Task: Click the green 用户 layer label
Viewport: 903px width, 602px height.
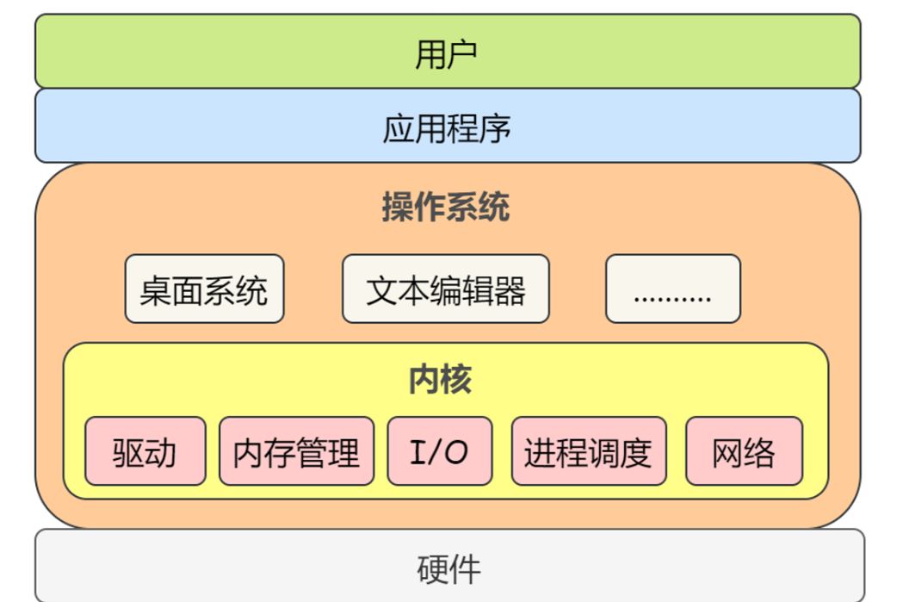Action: (446, 54)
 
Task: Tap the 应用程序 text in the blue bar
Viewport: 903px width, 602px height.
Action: (447, 127)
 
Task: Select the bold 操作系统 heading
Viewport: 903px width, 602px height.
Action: (446, 207)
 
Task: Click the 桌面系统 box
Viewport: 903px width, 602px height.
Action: (204, 289)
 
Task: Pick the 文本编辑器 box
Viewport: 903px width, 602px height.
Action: (446, 289)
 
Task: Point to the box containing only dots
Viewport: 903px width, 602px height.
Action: (672, 289)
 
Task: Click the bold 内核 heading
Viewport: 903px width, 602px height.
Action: (440, 379)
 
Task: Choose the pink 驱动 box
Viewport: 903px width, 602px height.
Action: (145, 451)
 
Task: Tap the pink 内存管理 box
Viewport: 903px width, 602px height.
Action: (297, 451)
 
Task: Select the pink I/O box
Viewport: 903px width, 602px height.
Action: (440, 451)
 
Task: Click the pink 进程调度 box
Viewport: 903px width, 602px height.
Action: (589, 451)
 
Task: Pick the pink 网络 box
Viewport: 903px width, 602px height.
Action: (744, 451)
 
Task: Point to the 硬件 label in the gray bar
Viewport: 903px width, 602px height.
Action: (448, 569)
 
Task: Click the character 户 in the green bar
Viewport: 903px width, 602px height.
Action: (462, 54)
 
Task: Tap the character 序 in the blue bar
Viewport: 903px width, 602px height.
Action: (495, 127)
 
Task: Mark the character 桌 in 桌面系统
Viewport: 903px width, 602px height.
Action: (156, 289)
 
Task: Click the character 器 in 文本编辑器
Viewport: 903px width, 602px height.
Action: (510, 289)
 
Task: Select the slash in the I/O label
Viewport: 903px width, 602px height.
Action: (438, 451)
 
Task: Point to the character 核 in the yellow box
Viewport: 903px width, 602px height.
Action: (456, 379)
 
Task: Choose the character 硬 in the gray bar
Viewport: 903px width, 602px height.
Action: (432, 569)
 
